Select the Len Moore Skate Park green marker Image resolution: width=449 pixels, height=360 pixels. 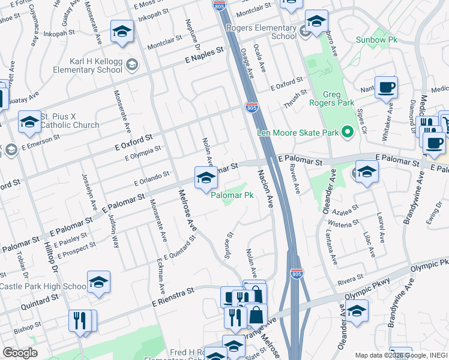pyautogui.click(x=346, y=133)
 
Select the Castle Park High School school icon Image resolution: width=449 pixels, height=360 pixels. pyautogui.click(x=98, y=282)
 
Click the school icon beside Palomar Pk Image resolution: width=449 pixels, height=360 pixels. pyautogui.click(x=205, y=178)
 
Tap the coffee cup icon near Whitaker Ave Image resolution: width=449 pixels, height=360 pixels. pyautogui.click(x=386, y=88)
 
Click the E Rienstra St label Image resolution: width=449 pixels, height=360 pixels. pyautogui.click(x=173, y=296)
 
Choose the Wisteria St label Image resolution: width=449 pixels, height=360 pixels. pyautogui.click(x=343, y=224)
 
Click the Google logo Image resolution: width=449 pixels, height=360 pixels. pyautogui.click(x=20, y=353)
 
